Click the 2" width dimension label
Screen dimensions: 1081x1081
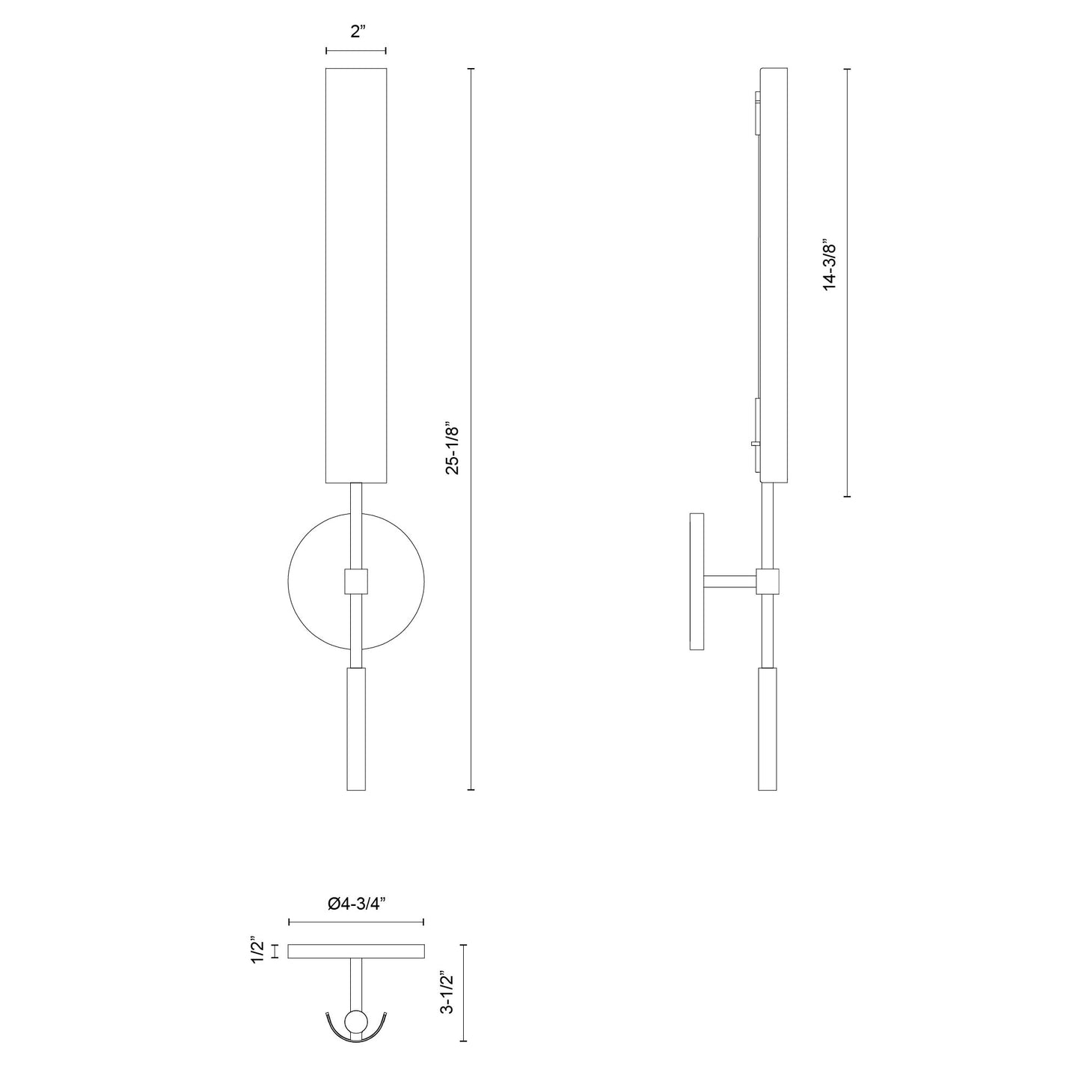click(x=356, y=31)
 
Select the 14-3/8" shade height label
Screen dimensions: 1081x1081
click(x=829, y=266)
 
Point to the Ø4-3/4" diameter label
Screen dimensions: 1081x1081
click(x=356, y=904)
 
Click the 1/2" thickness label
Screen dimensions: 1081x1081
click(x=257, y=951)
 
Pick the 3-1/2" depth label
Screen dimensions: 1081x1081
click(x=448, y=993)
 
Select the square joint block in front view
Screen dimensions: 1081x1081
click(x=356, y=581)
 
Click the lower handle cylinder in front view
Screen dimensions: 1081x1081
click(x=356, y=729)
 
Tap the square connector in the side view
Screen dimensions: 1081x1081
click(x=768, y=581)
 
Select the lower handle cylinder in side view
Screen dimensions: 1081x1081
click(x=768, y=729)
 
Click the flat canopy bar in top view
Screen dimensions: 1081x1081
click(x=356, y=951)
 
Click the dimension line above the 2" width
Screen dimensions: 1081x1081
click(x=356, y=51)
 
